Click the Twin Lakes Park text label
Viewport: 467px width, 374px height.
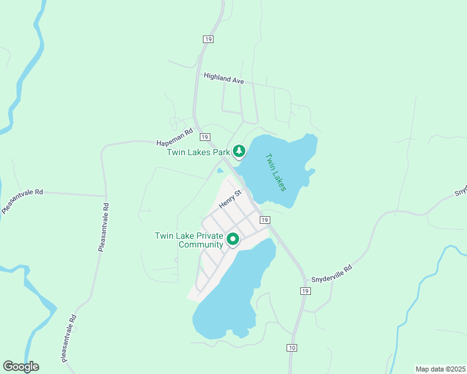199,152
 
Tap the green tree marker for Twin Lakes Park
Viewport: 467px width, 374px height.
238,151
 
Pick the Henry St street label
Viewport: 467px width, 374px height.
229,200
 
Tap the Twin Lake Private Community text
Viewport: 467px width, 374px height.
189,240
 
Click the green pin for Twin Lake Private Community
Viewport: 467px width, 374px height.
233,239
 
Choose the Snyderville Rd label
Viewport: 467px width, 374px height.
332,270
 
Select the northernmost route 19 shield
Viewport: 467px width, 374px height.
208,39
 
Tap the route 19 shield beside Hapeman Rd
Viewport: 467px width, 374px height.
204,137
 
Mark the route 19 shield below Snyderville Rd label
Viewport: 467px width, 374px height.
305,291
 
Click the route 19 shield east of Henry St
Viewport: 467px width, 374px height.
265,220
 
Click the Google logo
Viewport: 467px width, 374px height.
21,367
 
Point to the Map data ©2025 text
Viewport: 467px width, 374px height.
440,369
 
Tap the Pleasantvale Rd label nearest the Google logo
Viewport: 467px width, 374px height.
69,338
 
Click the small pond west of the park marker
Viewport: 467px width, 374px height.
220,171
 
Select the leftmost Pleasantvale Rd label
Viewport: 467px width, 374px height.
21,201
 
